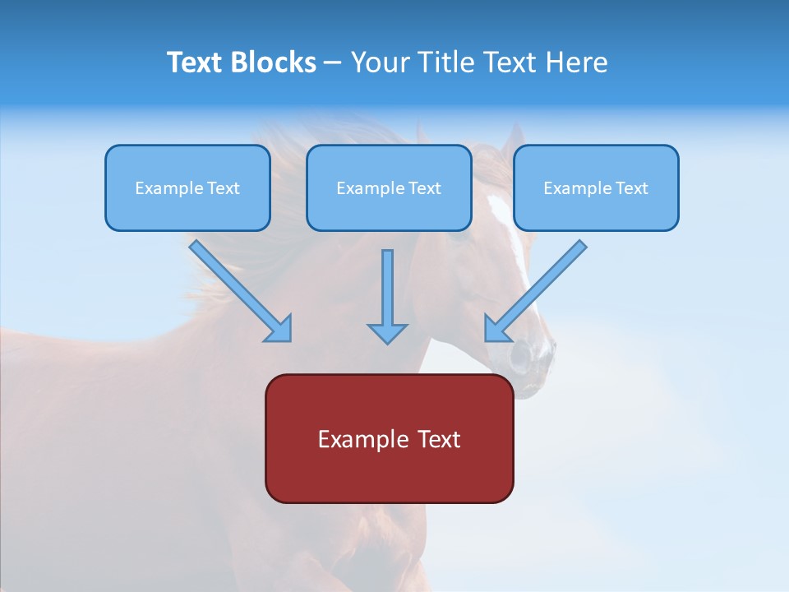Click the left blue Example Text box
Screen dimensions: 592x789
pos(187,187)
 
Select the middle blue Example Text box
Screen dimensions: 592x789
pos(389,187)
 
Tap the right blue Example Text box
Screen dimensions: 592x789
pos(596,187)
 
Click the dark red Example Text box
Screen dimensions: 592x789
pos(389,438)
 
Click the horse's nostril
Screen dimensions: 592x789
pos(520,355)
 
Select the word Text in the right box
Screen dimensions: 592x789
pos(631,188)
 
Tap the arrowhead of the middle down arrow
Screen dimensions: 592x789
pos(387,333)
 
